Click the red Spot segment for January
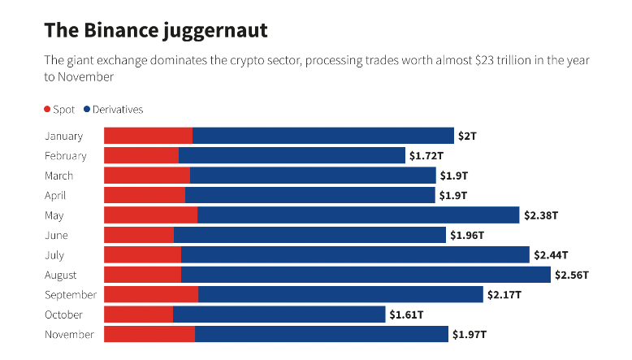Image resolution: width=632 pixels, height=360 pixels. click(149, 136)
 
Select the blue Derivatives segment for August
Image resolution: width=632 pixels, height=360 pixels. click(366, 275)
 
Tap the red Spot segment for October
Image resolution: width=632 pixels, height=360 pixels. click(139, 314)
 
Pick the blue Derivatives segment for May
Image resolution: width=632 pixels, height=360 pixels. click(358, 215)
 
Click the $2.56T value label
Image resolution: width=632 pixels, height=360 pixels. click(571, 275)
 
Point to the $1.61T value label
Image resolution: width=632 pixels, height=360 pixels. click(406, 314)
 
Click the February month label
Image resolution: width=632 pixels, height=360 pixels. click(66, 156)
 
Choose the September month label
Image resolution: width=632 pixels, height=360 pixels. click(71, 295)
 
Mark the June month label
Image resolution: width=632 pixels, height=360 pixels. click(57, 236)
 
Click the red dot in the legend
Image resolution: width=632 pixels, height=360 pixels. click(47, 109)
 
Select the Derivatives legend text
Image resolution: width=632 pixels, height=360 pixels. click(118, 109)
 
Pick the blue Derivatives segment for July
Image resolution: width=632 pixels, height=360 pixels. click(355, 255)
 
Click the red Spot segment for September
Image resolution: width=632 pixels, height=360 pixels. click(151, 295)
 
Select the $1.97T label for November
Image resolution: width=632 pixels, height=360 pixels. click(469, 334)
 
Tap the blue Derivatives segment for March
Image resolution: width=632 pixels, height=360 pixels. click(313, 176)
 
